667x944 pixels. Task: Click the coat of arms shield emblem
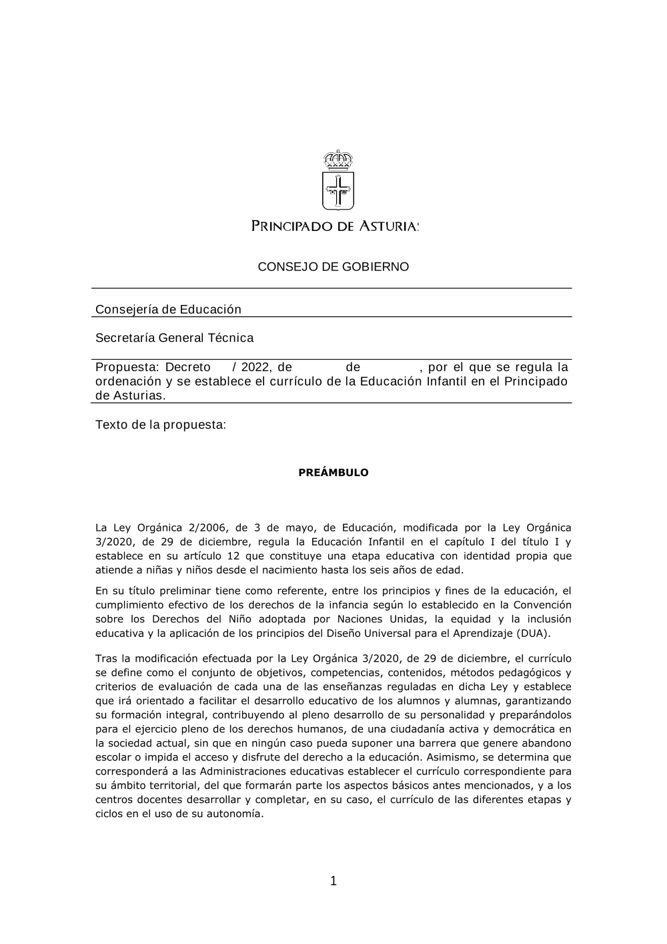[338, 191]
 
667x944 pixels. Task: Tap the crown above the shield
[338, 160]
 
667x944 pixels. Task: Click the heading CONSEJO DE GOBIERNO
[333, 267]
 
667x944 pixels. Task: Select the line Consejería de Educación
[168, 309]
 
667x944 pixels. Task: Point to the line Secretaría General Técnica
[174, 338]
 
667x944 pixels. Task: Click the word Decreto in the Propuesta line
[187, 367]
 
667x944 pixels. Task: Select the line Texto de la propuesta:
[161, 425]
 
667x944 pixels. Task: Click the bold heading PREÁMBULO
[333, 473]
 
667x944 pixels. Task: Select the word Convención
[541, 605]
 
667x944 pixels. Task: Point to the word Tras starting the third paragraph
[106, 659]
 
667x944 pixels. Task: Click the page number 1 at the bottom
[333, 881]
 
